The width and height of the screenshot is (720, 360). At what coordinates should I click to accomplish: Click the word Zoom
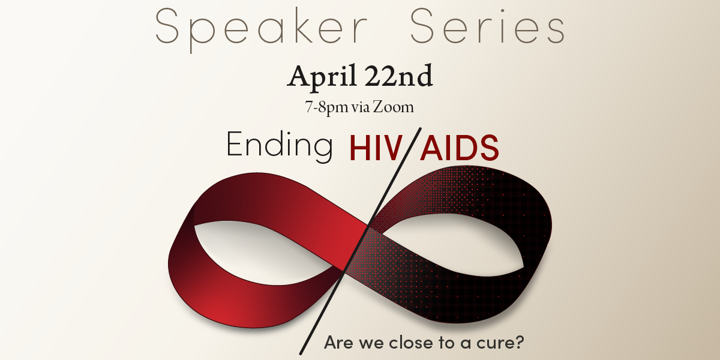click(x=394, y=108)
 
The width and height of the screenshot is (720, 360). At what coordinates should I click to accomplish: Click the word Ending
click(x=280, y=145)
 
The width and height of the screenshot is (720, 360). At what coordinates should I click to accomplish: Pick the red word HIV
click(x=377, y=148)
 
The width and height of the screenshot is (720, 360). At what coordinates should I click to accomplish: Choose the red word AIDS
click(x=460, y=148)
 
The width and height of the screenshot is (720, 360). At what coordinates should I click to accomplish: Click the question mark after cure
click(x=521, y=343)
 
